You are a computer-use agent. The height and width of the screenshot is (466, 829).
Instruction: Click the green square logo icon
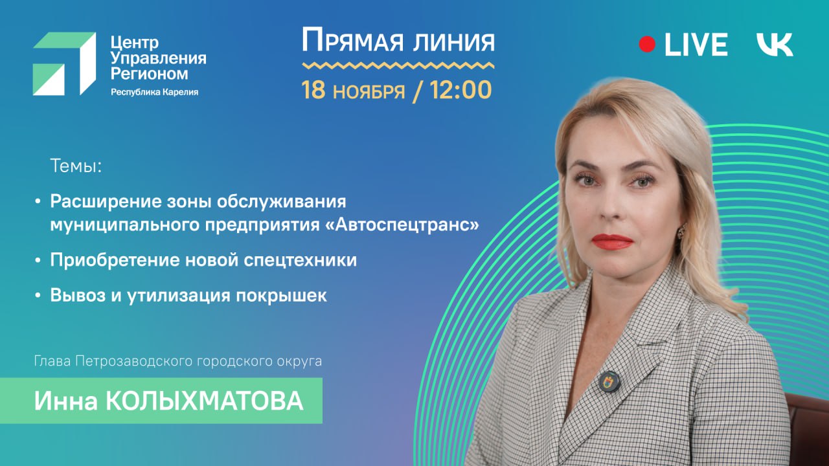pyautogui.click(x=64, y=63)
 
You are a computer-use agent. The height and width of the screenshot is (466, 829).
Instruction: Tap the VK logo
pyautogui.click(x=775, y=45)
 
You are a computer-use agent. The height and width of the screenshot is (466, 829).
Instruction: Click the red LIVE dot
pyautogui.click(x=647, y=44)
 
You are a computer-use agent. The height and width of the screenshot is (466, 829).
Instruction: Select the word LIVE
pyautogui.click(x=696, y=45)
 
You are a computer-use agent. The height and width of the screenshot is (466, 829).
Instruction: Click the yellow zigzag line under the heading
pyautogui.click(x=398, y=65)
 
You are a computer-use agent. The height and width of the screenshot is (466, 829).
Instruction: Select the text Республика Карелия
pyautogui.click(x=154, y=92)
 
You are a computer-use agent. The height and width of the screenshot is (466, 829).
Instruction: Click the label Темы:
pyautogui.click(x=76, y=167)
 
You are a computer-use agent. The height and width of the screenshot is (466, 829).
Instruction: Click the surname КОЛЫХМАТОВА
pyautogui.click(x=204, y=401)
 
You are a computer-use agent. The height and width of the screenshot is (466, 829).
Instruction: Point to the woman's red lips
pyautogui.click(x=611, y=241)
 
